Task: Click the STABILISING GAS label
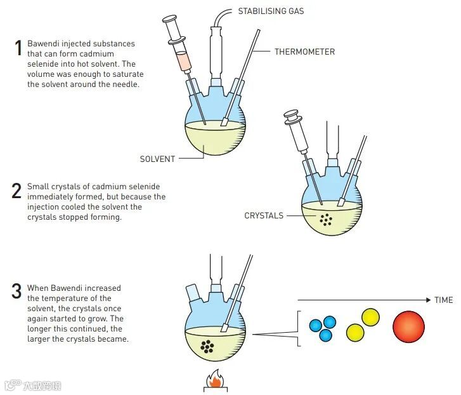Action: coord(270,11)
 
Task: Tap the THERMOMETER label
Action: coord(304,51)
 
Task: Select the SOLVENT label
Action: coord(157,159)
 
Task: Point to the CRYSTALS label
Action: coord(264,216)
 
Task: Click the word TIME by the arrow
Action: coord(444,300)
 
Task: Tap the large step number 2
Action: coord(17,191)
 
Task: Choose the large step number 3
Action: coord(17,292)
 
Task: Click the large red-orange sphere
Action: coord(408,326)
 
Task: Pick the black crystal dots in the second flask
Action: coord(327,220)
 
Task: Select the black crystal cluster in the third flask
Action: coord(207,346)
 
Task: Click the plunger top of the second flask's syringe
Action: coord(292,116)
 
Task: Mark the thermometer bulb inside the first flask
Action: coord(224,123)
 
